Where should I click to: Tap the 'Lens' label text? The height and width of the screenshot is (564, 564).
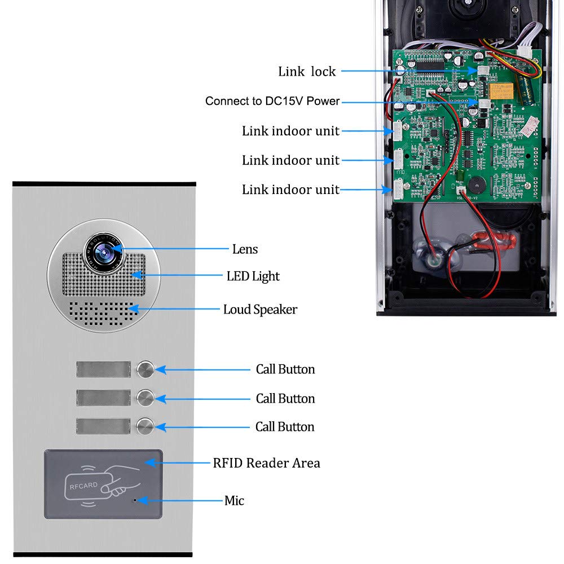245,249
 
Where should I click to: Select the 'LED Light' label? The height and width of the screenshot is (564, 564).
253,276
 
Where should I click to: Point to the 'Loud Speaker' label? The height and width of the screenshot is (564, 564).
260,310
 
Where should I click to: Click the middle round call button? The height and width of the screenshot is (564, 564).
145,398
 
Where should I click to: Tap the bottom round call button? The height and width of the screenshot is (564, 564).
145,426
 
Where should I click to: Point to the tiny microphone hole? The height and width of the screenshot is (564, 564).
135,500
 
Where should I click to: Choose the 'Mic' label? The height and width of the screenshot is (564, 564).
234,500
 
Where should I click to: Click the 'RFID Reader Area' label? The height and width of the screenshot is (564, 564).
266,463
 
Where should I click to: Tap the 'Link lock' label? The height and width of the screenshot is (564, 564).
307,72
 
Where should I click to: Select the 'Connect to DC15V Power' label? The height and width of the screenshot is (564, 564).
272,102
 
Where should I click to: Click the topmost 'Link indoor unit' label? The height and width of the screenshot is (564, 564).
290,131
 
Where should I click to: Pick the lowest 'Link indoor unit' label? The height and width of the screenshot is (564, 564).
290,190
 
